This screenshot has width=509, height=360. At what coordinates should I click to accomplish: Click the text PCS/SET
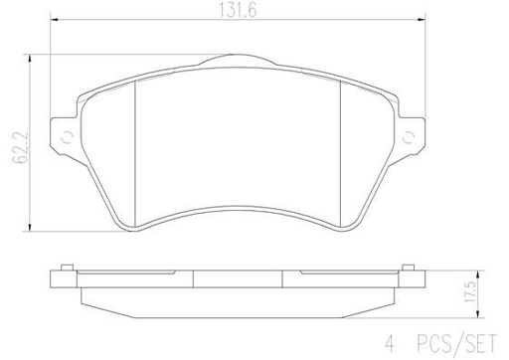463,347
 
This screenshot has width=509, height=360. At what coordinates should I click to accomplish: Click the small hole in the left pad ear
67,138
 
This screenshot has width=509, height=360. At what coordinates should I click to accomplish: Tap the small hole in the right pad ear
411,138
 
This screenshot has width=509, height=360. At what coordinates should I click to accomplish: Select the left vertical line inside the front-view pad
135,149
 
